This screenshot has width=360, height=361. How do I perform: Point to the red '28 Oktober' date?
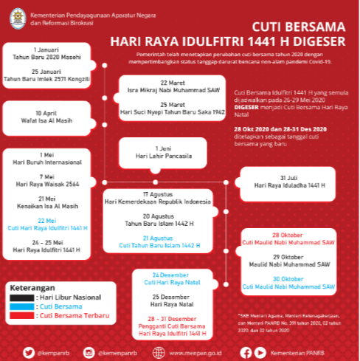(x=294, y=235)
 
